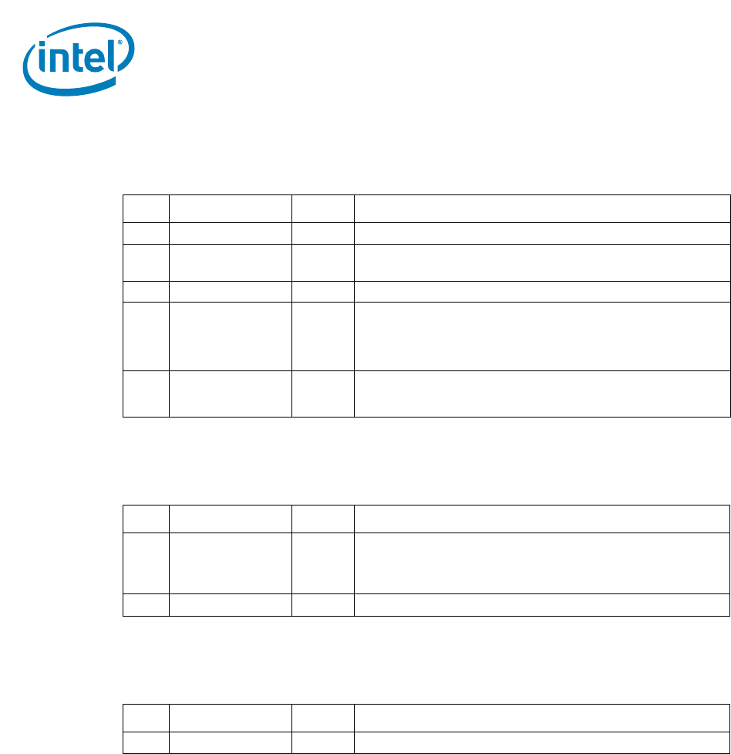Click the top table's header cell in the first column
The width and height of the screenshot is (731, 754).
click(x=146, y=208)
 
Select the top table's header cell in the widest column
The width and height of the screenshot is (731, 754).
click(x=541, y=208)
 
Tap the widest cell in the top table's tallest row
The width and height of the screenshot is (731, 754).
click(x=541, y=336)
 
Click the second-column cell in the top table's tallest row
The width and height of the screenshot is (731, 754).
click(x=230, y=336)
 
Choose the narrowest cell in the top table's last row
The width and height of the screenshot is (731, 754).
click(x=146, y=394)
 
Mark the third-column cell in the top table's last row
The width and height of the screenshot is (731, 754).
click(x=322, y=394)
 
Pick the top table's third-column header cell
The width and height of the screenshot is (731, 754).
click(x=322, y=208)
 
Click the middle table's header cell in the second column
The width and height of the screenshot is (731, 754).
click(x=230, y=519)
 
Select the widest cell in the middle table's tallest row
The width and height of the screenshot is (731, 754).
click(x=541, y=563)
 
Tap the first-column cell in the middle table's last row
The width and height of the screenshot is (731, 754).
click(x=146, y=604)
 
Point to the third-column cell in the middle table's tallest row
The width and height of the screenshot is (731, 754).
click(x=322, y=563)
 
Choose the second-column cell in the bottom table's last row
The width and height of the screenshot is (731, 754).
click(x=230, y=742)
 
